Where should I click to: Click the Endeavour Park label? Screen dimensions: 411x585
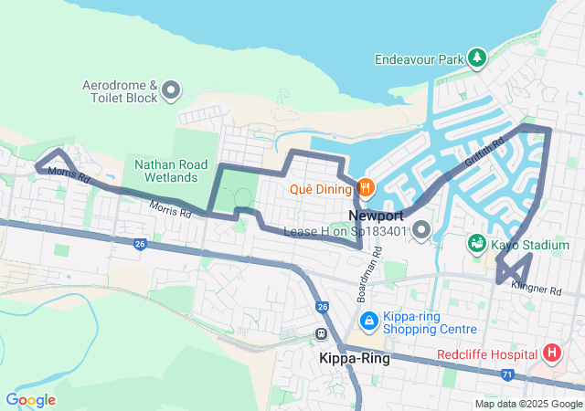419,59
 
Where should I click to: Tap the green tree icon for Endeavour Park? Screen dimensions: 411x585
476,59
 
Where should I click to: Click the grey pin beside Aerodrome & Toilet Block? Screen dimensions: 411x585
171,90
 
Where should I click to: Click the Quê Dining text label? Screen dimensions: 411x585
319,189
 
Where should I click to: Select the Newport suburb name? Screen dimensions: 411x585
376,216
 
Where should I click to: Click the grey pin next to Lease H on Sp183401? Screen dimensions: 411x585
420,232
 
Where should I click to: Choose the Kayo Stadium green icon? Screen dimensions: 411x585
476,244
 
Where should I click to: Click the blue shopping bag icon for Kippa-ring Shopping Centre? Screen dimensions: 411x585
368,321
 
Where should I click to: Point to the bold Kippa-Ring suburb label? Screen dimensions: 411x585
354,359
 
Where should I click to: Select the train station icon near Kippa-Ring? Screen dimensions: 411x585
322,334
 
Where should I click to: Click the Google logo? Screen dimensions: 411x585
30,400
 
